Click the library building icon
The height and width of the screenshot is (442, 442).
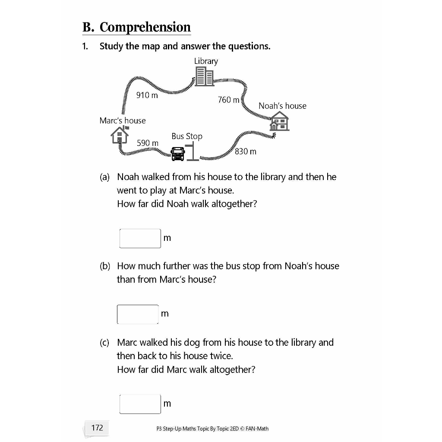204,76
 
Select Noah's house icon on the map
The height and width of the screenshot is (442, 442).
279,121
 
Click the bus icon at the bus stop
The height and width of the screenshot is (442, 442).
178,154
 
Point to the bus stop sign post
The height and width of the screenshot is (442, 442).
193,152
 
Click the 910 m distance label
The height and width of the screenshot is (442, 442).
147,95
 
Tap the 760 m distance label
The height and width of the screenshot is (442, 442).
228,100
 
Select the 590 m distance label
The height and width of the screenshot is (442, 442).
148,143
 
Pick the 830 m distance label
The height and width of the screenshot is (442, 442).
246,152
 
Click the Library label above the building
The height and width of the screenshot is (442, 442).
206,61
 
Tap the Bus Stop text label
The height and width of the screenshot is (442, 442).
187,136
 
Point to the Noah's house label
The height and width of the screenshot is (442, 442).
282,106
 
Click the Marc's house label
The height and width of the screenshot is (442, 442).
123,121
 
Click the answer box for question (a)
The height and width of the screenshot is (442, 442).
140,238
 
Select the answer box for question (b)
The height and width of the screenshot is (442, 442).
138,314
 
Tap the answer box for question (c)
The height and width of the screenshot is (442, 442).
140,404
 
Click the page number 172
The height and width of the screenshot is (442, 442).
97,428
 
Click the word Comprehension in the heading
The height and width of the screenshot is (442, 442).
145,27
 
